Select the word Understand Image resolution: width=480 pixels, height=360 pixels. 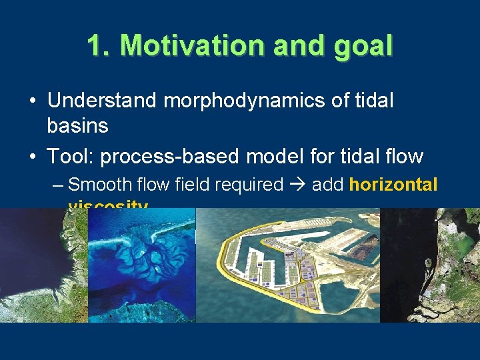click(x=102, y=101)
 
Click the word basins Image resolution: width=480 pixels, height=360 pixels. click(x=78, y=125)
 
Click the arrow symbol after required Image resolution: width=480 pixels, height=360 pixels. click(x=297, y=185)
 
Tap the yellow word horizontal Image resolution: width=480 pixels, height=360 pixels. click(x=393, y=185)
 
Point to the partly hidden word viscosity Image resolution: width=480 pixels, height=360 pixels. click(x=108, y=205)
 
